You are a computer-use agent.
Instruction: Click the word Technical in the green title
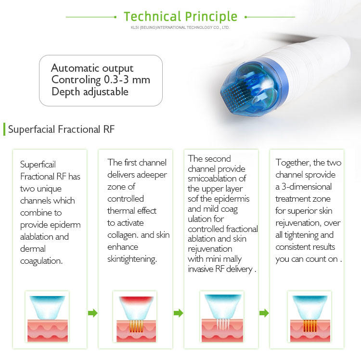(152, 16)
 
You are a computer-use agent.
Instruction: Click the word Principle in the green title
(211, 17)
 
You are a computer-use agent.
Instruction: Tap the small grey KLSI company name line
(180, 27)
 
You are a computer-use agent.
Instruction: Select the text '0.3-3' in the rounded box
(116, 79)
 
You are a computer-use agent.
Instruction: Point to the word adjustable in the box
(106, 91)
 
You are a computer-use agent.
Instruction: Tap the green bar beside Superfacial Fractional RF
(4, 129)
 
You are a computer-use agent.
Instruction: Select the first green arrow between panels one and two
(93, 313)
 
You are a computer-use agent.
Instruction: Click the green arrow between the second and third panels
(179, 313)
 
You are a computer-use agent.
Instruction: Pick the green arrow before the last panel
(264, 313)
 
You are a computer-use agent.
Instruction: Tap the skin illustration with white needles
(222, 317)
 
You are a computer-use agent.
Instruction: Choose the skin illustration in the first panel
(47, 317)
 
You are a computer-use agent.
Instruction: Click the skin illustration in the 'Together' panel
(309, 317)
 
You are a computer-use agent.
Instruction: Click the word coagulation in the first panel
(41, 261)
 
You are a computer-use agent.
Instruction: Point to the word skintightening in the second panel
(132, 259)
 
